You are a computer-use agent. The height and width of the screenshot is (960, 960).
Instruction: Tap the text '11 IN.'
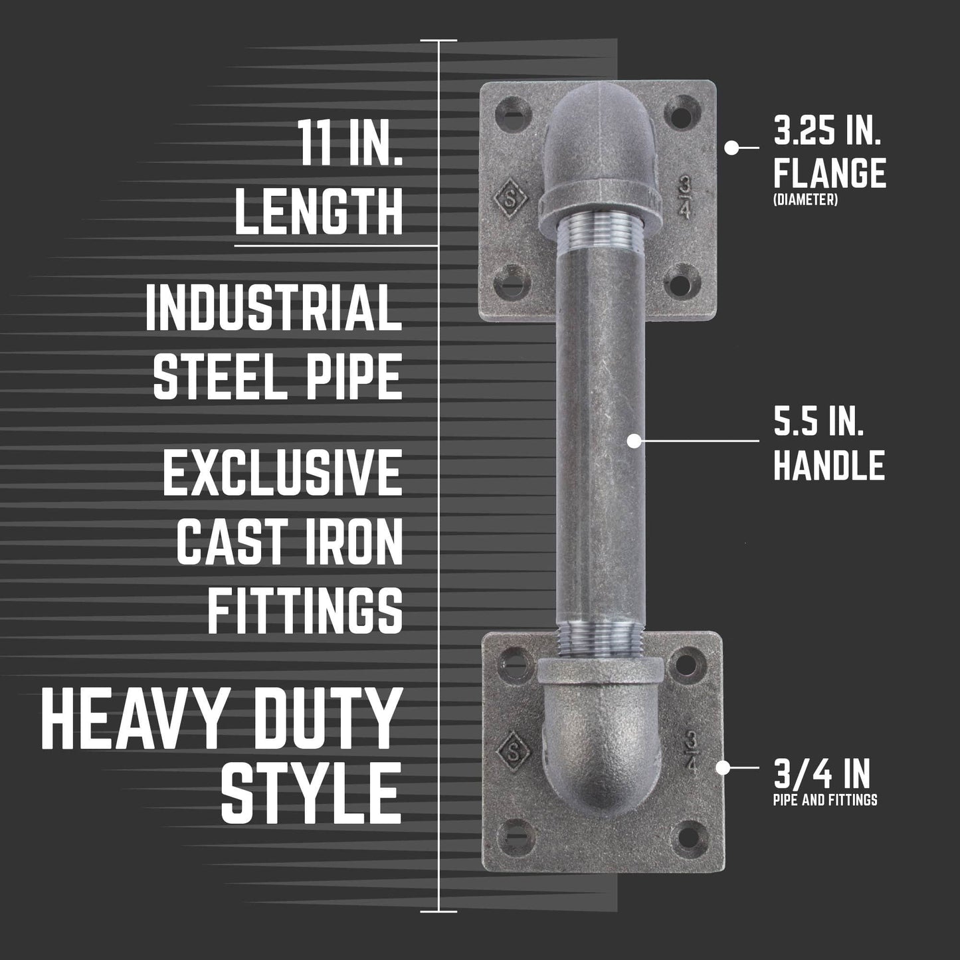(x=349, y=143)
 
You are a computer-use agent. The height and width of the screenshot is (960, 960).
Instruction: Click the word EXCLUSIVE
(x=283, y=472)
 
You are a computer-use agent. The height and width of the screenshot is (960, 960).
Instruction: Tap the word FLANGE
(x=830, y=173)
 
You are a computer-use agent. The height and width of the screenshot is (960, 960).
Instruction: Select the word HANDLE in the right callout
(x=829, y=464)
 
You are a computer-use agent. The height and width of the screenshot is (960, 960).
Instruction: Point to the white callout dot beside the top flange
(x=731, y=148)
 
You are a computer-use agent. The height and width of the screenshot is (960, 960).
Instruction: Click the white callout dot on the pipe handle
(x=634, y=440)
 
